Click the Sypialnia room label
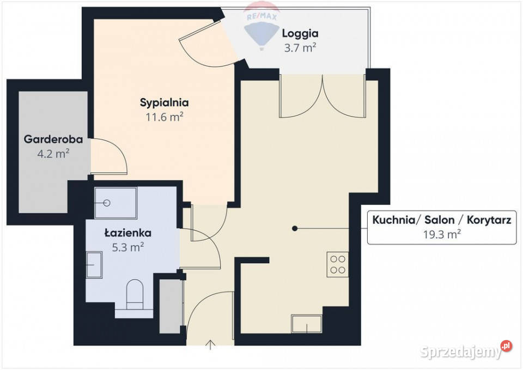(164, 102)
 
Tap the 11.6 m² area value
(164, 116)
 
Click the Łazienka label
(128, 233)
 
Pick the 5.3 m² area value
(128, 247)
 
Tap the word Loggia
(300, 33)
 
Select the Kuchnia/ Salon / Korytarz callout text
(441, 220)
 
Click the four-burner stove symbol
(338, 264)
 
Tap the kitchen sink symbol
(306, 324)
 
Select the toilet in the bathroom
(135, 294)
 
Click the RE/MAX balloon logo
(263, 30)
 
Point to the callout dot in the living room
(295, 228)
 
